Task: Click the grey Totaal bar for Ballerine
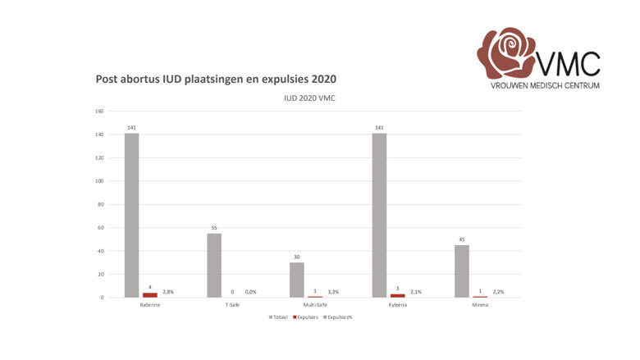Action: [x=131, y=215]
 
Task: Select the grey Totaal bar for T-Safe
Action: [x=214, y=265]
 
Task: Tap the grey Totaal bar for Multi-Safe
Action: [x=296, y=280]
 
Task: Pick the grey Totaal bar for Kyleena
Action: [x=379, y=215]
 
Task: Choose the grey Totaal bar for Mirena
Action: [x=461, y=271]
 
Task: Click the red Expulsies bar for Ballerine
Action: [x=150, y=294]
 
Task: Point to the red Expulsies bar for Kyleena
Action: [x=397, y=295]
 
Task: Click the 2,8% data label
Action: [x=168, y=292]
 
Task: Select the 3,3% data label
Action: [x=333, y=292]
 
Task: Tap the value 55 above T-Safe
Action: [x=214, y=228]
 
